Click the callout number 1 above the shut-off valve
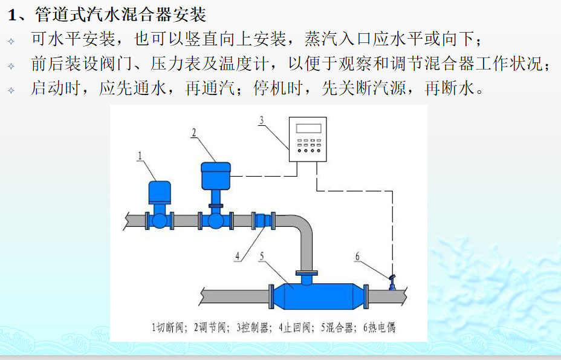pyautogui.click(x=140, y=156)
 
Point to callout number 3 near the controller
pyautogui.click(x=262, y=120)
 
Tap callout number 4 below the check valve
pyautogui.click(x=238, y=256)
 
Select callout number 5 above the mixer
pyautogui.click(x=262, y=256)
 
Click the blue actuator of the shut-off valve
pyautogui.click(x=160, y=192)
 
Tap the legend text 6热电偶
pyautogui.click(x=379, y=328)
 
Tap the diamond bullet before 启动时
pyautogui.click(x=11, y=90)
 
